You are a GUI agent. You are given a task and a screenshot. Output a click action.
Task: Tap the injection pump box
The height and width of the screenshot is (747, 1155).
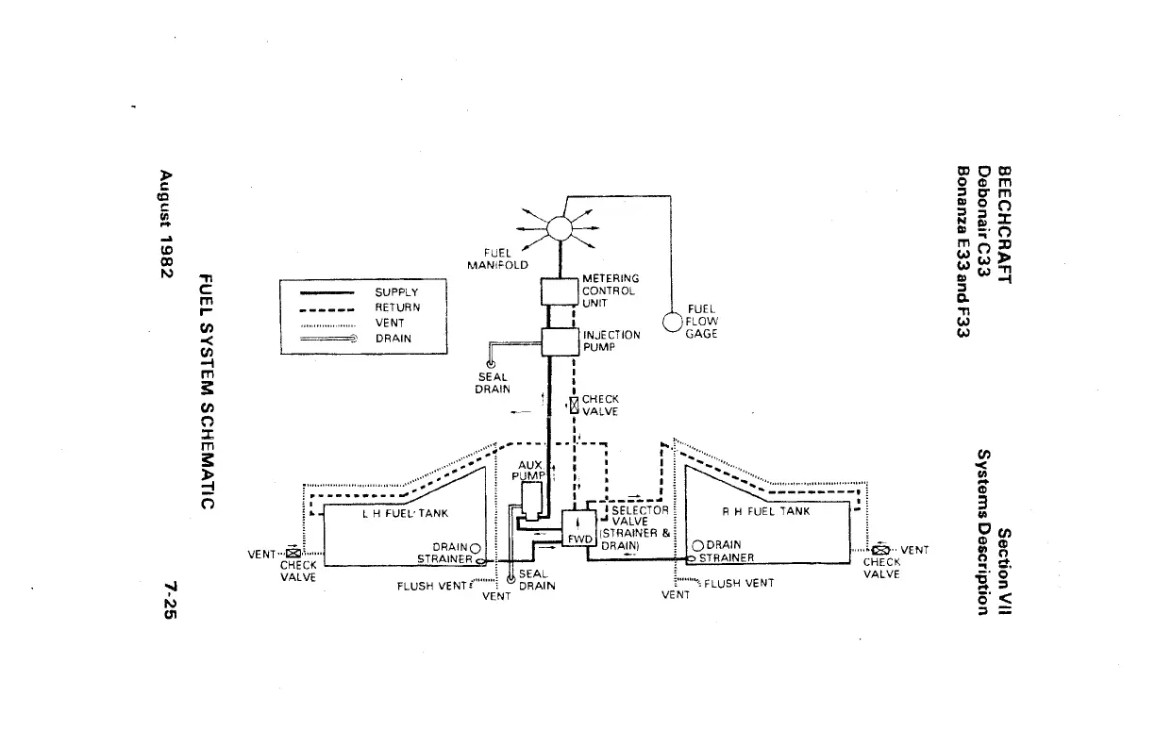coord(560,340)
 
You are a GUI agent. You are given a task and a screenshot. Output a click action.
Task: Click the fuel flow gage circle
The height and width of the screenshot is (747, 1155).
coord(672,322)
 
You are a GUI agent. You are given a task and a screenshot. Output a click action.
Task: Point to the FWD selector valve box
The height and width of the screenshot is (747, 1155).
coord(577,527)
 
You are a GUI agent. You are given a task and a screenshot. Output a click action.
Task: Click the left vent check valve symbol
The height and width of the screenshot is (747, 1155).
coord(292,554)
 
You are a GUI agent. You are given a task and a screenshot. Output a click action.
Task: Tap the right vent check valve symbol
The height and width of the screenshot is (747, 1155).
coord(880,550)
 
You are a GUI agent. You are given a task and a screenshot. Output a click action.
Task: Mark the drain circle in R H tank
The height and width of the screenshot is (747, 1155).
coord(698,545)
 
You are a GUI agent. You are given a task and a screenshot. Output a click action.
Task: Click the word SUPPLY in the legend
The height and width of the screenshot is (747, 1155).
coord(396,293)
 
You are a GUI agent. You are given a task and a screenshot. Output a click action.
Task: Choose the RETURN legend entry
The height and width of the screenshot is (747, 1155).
coord(397,307)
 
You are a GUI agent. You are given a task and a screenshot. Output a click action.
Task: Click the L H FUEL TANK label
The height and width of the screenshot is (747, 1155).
coord(405,514)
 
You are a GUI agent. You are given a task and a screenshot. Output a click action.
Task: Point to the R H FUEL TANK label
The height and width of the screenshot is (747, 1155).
coord(765,512)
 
